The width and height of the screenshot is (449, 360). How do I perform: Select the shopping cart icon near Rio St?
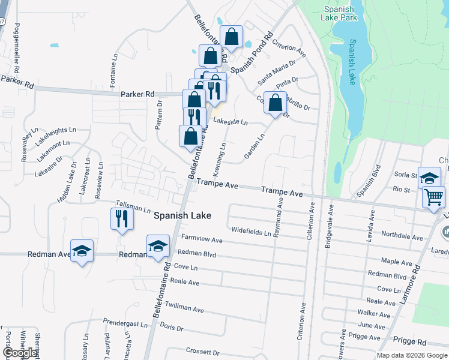(433, 196)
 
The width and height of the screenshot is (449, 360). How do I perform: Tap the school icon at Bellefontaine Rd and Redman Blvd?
(158, 246)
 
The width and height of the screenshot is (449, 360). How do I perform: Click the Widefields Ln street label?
(251, 231)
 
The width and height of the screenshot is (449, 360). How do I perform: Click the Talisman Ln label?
(133, 207)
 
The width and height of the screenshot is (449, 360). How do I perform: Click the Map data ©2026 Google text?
(411, 355)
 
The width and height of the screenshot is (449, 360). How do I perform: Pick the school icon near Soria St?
(429, 177)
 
